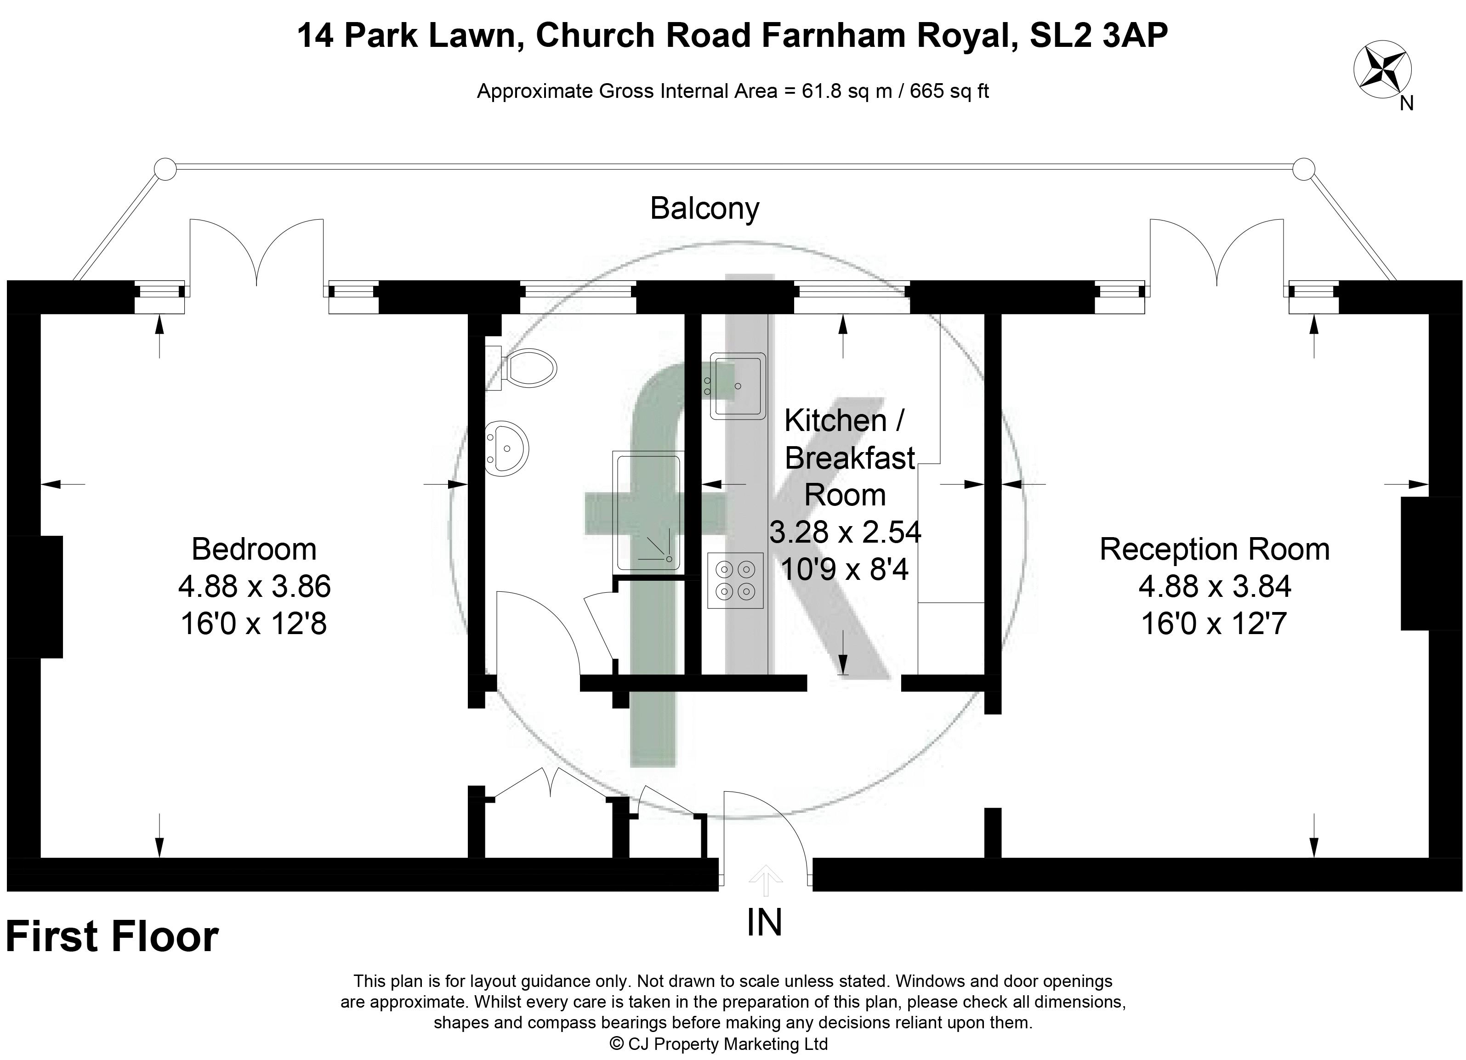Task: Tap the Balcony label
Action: coord(704,209)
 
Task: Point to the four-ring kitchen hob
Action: coord(735,580)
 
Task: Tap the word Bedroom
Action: coord(254,550)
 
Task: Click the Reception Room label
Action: coord(1215,550)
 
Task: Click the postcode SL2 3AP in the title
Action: coord(1099,36)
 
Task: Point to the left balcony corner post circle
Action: coord(165,170)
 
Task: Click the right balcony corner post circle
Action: coord(1303,170)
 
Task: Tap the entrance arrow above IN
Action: coord(765,880)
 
